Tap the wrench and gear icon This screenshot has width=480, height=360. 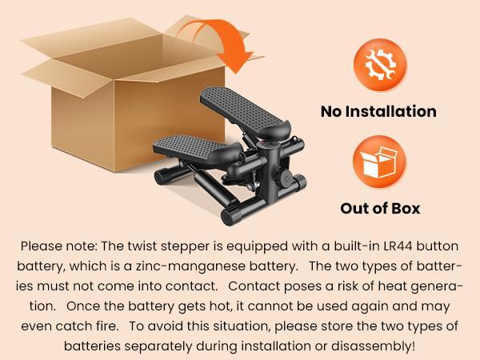point(380,65)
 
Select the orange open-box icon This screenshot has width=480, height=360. point(379,162)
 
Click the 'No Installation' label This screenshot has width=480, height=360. point(378,111)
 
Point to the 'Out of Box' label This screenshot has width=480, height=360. point(380,209)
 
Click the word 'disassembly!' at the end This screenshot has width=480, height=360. point(373,346)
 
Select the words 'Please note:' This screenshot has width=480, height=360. point(58,246)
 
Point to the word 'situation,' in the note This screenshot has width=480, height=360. point(242,326)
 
